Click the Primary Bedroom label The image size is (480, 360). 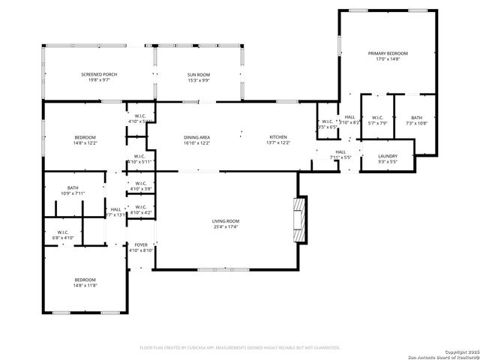point(388,53)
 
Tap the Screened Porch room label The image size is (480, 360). point(99,74)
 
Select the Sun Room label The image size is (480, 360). point(199,74)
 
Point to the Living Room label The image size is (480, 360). point(225,221)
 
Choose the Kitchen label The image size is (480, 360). point(278,137)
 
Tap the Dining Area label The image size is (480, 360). point(199,137)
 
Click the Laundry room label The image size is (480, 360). point(387,156)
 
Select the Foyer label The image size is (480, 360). point(141,245)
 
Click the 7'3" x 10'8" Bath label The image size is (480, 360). point(416,124)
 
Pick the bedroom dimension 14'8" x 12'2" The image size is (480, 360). point(84,142)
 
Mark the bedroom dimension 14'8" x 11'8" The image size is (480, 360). point(84,286)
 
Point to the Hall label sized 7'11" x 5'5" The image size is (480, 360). point(340,153)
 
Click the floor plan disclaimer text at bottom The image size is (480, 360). point(240,347)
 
